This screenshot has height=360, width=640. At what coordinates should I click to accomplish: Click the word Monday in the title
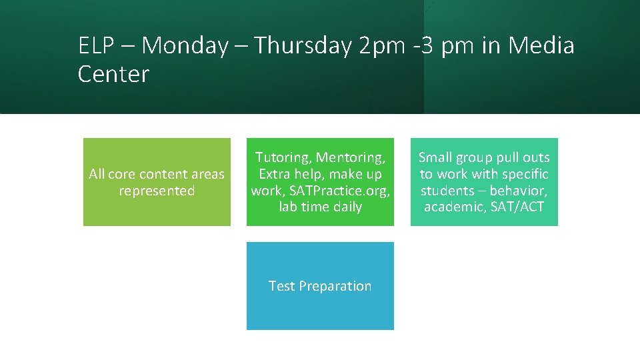point(185,46)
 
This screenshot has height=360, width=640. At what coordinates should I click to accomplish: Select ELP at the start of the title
point(97,46)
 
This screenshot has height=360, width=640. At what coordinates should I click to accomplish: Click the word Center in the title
point(113,74)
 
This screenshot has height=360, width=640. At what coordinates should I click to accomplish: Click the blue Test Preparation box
point(320,286)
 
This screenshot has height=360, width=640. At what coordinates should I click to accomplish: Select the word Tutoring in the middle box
point(283,158)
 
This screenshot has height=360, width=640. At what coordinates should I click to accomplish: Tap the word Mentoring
point(351,158)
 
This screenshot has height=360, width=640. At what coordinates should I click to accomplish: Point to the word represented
point(157,191)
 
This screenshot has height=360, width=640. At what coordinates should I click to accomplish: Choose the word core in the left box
point(121,174)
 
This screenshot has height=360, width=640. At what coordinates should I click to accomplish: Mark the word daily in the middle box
point(347,207)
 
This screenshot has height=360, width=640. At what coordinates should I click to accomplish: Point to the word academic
point(451,207)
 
